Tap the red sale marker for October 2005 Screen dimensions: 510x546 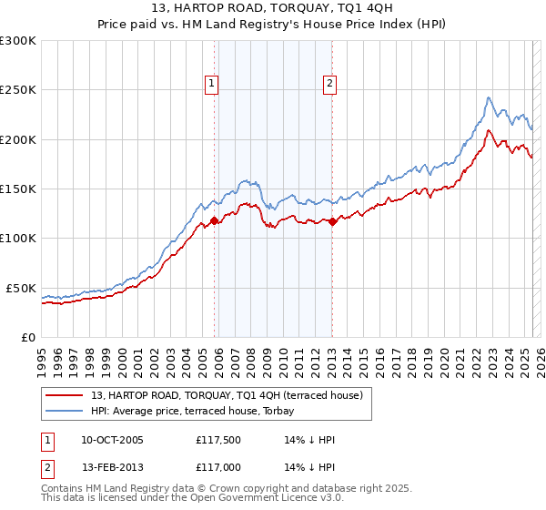coord(215,220)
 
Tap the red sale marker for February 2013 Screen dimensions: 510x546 coord(333,220)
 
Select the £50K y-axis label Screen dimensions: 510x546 coord(21,288)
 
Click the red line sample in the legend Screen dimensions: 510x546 coord(65,395)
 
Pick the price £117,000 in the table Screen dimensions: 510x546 coord(216,467)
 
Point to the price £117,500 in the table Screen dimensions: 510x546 coord(216,440)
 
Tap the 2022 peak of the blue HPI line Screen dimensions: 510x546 coord(489,97)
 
